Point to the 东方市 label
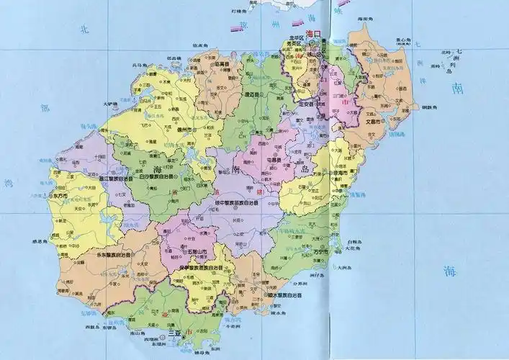coord(60,195)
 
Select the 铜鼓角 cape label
coord(430,107)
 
